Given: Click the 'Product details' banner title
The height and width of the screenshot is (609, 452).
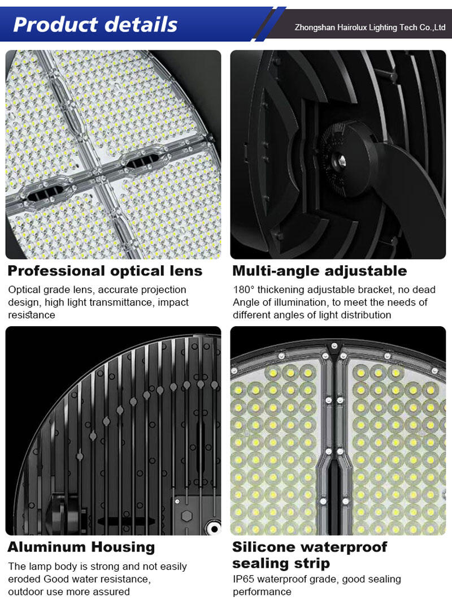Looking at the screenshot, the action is (x=95, y=24).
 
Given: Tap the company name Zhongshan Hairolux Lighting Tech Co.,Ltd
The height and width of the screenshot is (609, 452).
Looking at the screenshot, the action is (x=370, y=28).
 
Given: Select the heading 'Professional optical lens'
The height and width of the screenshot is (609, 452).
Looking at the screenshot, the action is (x=105, y=271).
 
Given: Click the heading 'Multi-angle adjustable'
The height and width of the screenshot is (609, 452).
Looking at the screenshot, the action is (x=320, y=271).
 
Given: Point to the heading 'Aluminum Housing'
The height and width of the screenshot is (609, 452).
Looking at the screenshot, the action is (x=81, y=547).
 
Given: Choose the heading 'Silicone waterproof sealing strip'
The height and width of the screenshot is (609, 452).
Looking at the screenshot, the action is (x=310, y=555).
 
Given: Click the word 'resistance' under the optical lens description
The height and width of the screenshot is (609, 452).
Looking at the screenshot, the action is (x=32, y=315).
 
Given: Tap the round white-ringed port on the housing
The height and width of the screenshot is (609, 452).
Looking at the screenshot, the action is (x=214, y=529).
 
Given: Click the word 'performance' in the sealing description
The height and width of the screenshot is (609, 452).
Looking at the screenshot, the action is (x=262, y=592).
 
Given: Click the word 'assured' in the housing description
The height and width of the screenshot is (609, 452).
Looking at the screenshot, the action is (x=112, y=592).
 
